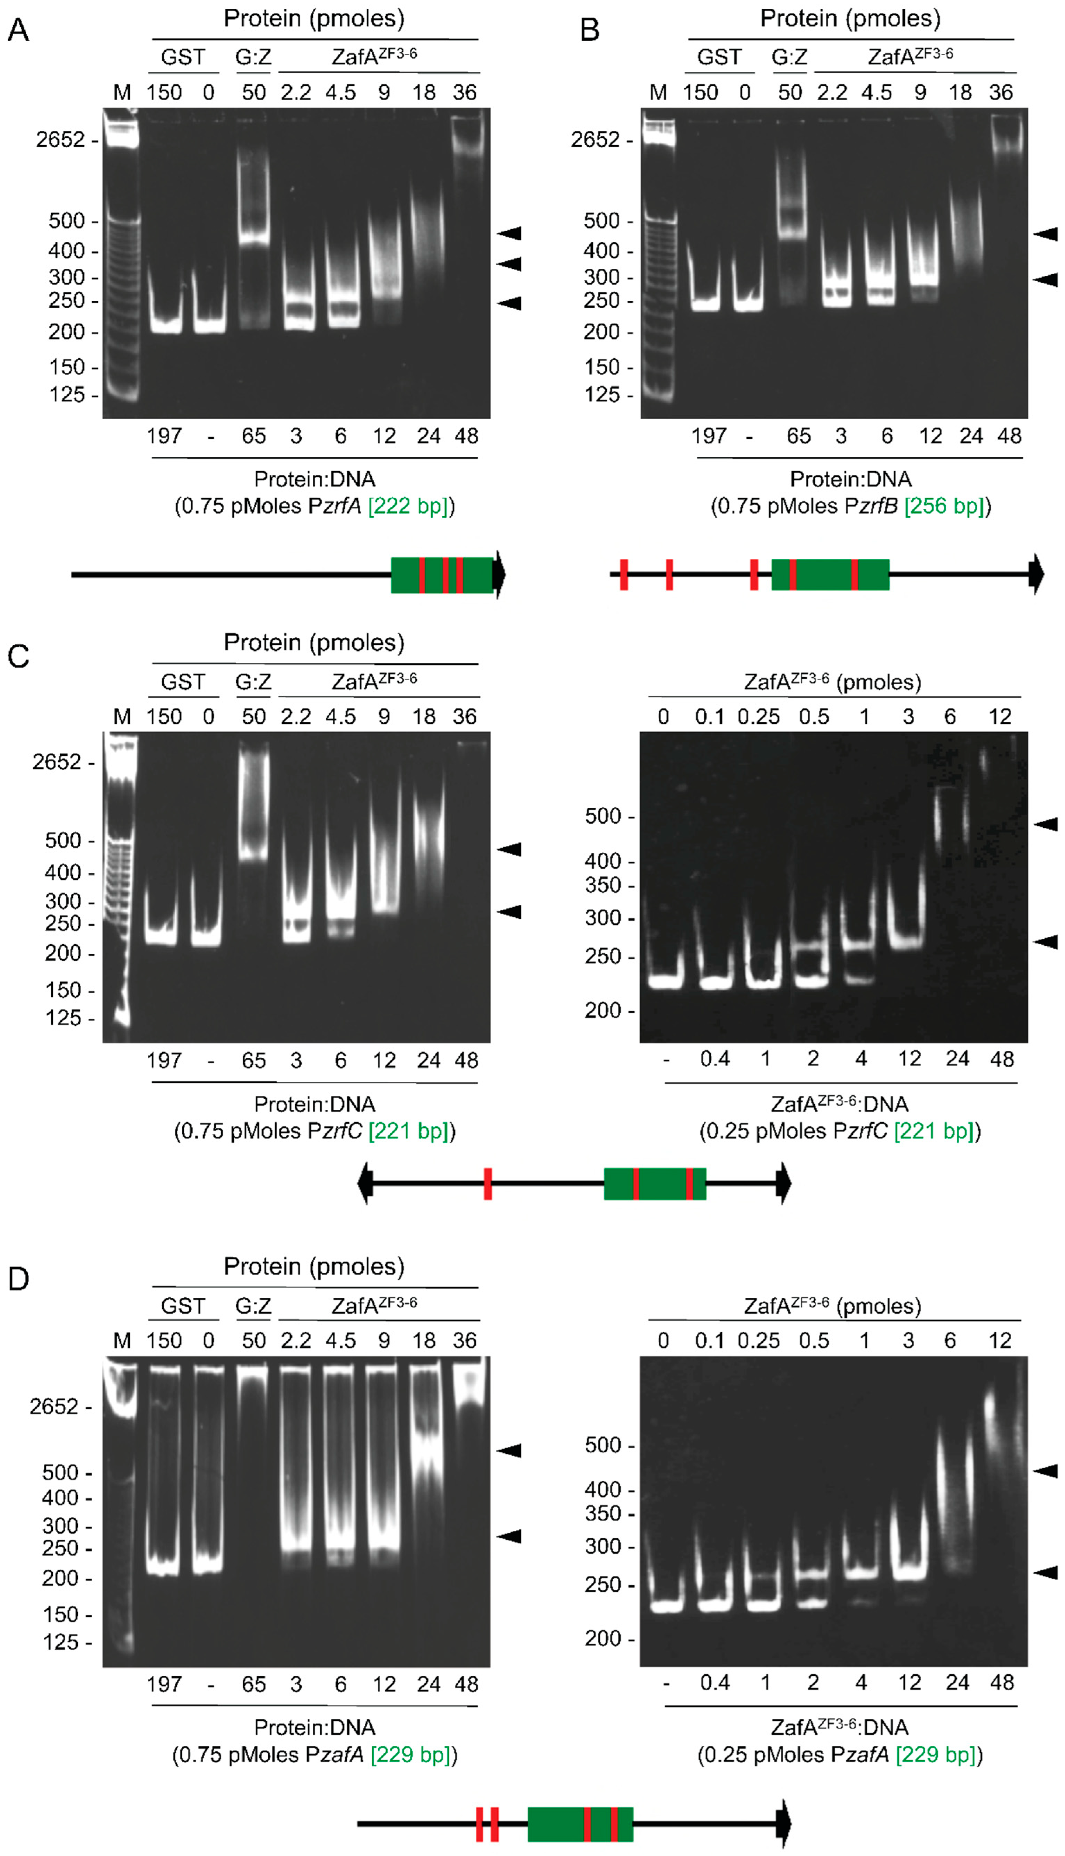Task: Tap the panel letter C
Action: click(18, 655)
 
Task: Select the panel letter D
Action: click(18, 1279)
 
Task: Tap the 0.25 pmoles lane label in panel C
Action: click(759, 717)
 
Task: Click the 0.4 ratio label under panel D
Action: click(715, 1683)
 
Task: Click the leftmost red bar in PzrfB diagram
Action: click(624, 574)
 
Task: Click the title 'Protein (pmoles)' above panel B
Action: click(850, 18)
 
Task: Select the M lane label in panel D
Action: click(122, 1341)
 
